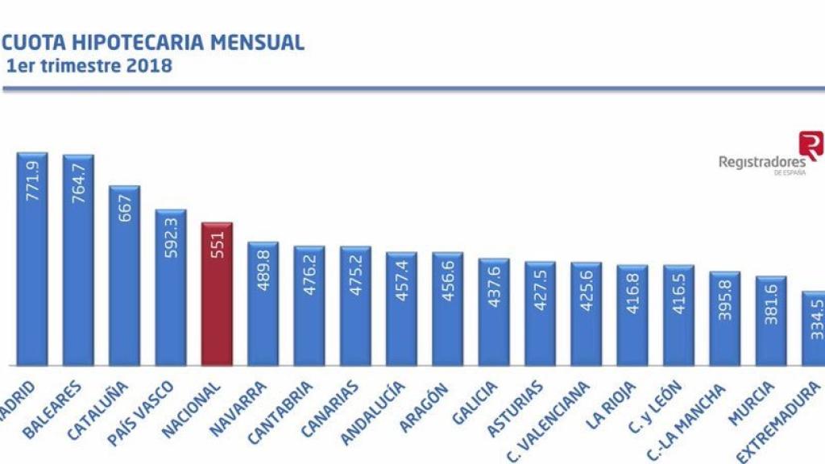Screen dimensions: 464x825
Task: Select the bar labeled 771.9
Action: [x=32, y=258]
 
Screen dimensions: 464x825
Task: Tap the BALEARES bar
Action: [x=78, y=258]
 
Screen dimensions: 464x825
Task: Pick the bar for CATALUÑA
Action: [x=124, y=274]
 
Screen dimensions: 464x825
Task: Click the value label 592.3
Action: [x=171, y=236]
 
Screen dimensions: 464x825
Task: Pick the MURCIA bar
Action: [x=771, y=322]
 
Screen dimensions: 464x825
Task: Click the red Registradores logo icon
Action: [x=810, y=146]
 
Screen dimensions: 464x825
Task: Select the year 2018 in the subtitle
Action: [x=150, y=66]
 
